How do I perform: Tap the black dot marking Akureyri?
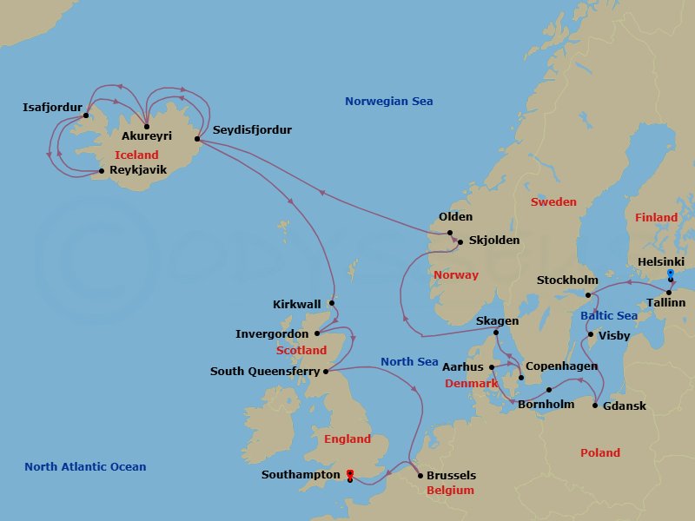point(147,127)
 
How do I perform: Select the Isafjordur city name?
point(52,108)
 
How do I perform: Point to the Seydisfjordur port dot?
point(197,139)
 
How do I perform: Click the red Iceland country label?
point(136,155)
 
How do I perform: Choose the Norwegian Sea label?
point(388,102)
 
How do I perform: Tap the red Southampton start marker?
point(349,473)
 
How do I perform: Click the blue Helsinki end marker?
point(670,274)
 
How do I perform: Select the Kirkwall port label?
point(296,305)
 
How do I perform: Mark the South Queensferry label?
point(263,372)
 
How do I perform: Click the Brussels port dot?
point(420,475)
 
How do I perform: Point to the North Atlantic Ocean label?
point(85,467)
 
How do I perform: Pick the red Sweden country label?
point(553,201)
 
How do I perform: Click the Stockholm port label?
point(567,280)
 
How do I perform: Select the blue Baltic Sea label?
point(609,315)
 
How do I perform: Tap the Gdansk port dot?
point(595,406)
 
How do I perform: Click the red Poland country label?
point(600,452)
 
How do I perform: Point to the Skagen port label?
point(497,321)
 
